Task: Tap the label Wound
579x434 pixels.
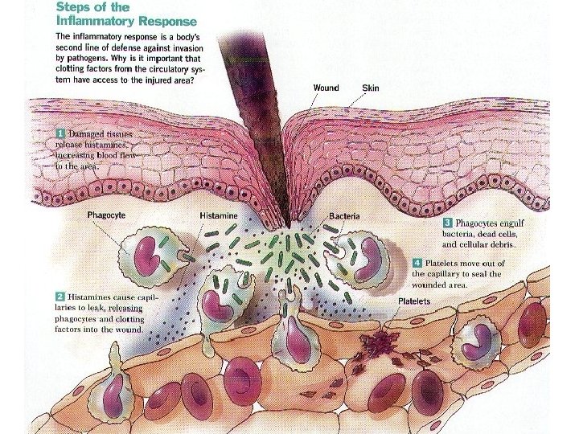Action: coord(326,88)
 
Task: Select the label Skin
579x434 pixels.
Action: coord(370,88)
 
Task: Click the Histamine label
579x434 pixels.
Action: coord(220,216)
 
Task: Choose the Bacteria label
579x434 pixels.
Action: coord(344,216)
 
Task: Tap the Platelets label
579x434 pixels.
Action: coord(415,301)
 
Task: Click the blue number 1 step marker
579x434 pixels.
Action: coord(61,131)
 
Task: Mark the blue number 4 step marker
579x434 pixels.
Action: coord(417,262)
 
